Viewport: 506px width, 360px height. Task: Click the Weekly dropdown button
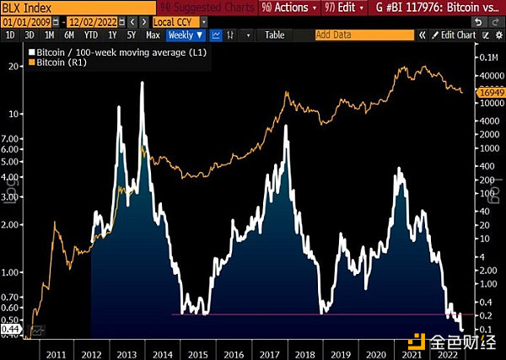coord(186,35)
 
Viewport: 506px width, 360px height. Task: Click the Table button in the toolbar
coord(274,35)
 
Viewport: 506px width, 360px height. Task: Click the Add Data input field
coord(363,35)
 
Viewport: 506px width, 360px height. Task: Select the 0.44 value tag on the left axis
coord(10,330)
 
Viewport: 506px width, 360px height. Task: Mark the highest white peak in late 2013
coord(141,83)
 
